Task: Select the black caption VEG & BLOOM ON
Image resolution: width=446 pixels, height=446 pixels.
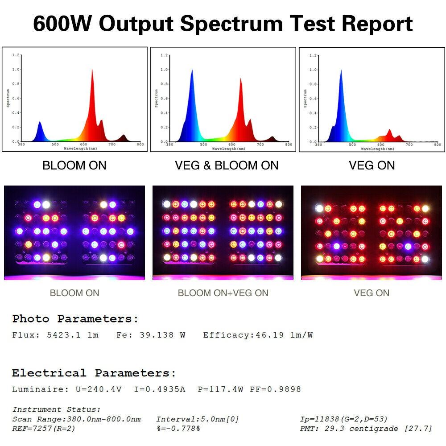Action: click(x=227, y=165)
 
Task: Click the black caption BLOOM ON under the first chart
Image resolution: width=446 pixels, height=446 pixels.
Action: click(x=74, y=165)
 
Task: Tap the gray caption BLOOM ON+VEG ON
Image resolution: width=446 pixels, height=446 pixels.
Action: click(x=223, y=293)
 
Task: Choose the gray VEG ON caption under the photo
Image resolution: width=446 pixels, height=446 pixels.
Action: click(x=372, y=293)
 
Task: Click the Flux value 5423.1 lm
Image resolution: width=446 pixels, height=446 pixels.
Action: click(x=72, y=335)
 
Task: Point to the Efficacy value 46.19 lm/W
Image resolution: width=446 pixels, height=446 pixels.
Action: click(x=284, y=335)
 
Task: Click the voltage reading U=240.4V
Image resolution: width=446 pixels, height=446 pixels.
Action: click(x=98, y=389)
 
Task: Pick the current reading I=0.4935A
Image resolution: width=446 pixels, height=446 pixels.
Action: click(x=160, y=389)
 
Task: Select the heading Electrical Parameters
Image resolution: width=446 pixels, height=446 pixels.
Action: click(x=94, y=373)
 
